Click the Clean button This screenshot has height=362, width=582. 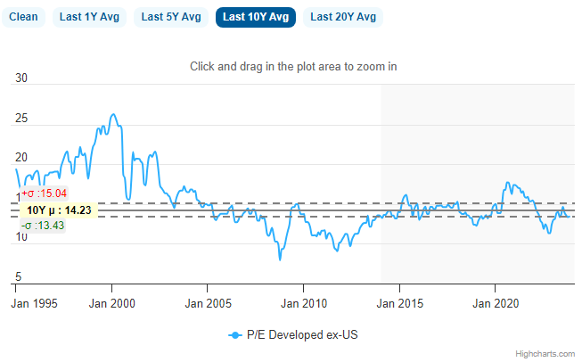point(23,17)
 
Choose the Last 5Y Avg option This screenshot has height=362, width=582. point(172,17)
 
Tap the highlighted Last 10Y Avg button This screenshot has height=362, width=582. point(256,17)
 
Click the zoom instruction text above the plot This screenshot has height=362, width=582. point(293,67)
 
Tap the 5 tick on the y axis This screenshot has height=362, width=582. point(20,276)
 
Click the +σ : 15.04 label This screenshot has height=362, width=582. point(44,193)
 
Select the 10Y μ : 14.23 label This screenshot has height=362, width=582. point(59,210)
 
